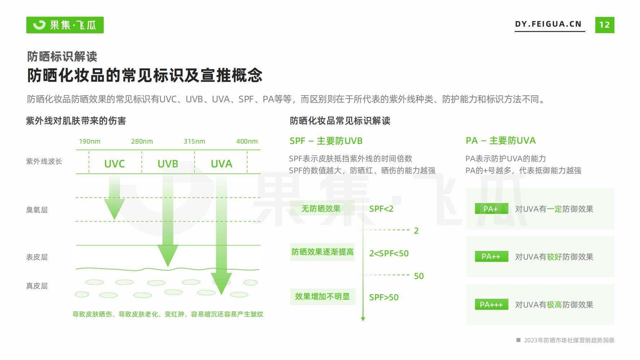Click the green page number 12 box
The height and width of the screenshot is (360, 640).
605,25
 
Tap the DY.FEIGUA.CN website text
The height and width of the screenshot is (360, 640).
548,24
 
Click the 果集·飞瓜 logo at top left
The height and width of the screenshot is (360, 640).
65,25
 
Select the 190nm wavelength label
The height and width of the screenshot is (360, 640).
90,141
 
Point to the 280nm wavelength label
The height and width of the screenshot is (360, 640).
142,141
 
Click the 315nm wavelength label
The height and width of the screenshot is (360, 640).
194,141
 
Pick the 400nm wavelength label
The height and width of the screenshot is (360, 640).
247,141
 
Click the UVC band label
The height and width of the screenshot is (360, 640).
115,164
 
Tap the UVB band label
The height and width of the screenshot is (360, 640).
168,164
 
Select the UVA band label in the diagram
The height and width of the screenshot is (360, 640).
221,164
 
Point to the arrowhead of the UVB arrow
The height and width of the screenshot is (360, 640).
168,266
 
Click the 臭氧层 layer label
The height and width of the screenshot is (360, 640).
37,210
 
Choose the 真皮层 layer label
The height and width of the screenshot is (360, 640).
37,286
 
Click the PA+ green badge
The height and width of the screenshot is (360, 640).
491,209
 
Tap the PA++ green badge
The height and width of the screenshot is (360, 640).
491,256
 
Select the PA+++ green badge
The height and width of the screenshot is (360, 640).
491,305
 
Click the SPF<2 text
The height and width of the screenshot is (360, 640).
381,209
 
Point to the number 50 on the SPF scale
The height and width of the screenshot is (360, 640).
419,276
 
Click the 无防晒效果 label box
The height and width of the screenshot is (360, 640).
321,209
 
